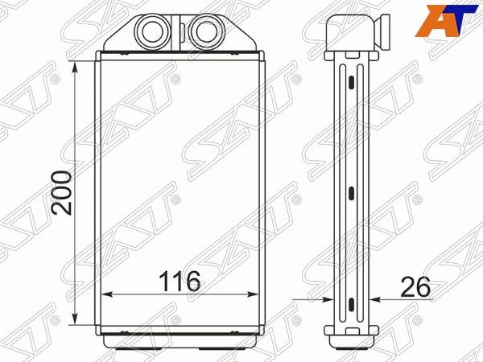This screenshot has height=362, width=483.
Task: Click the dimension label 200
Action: pyautogui.click(x=62, y=193)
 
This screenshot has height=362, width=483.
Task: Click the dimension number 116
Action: pyautogui.click(x=180, y=281)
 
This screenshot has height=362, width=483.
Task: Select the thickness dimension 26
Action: pyautogui.click(x=415, y=287)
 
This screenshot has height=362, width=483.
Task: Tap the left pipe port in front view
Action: pyautogui.click(x=152, y=32)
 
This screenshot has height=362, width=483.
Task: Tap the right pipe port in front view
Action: pyautogui.click(x=206, y=32)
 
